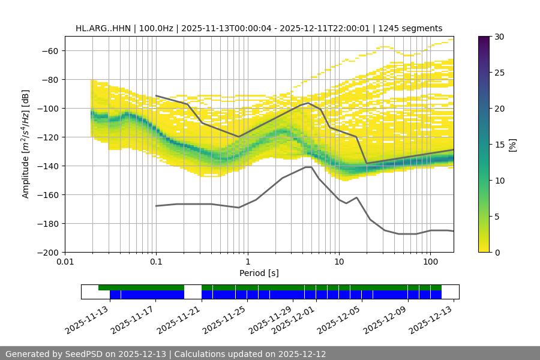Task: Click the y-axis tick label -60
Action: (x=49, y=50)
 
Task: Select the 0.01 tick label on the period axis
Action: (x=65, y=262)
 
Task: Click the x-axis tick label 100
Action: (x=430, y=262)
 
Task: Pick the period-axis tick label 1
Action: (x=247, y=262)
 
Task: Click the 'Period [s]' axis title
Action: (x=259, y=273)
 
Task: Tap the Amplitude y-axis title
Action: (x=26, y=144)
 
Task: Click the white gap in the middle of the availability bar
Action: (x=193, y=292)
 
